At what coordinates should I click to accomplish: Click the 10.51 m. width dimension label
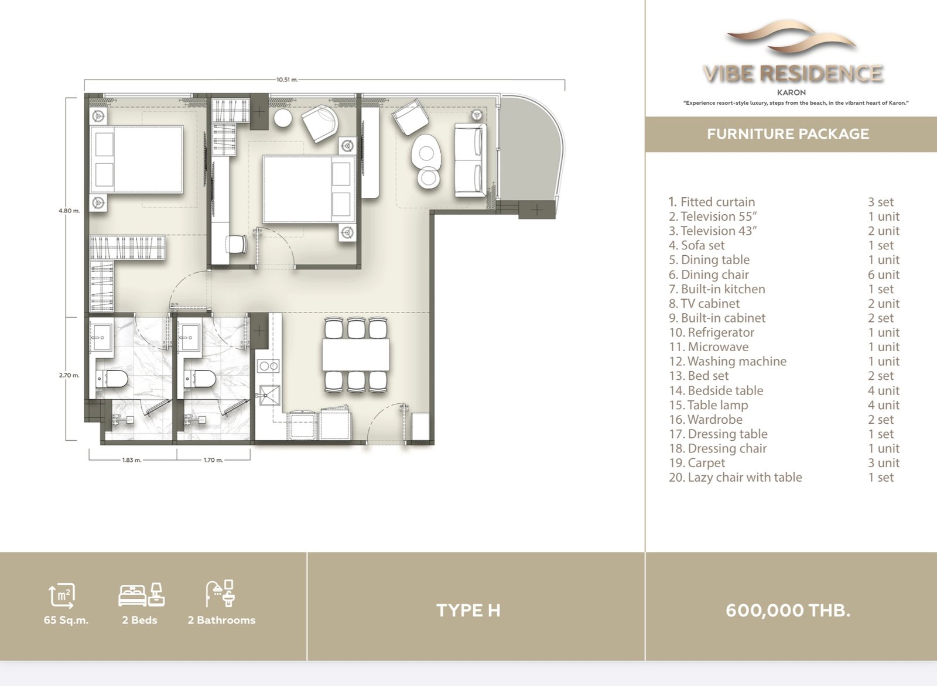pyautogui.click(x=287, y=80)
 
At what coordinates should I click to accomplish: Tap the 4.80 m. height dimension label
pyautogui.click(x=69, y=211)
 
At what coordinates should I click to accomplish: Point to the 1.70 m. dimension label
pyautogui.click(x=213, y=460)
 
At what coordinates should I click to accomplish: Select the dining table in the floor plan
pyautogui.click(x=355, y=355)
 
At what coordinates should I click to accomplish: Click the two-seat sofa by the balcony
pyautogui.click(x=471, y=160)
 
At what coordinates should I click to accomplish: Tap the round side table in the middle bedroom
pyautogui.click(x=283, y=118)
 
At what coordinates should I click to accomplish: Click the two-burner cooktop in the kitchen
pyautogui.click(x=269, y=366)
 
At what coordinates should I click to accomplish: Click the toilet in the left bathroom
pyautogui.click(x=111, y=379)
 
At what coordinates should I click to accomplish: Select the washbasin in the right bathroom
pyautogui.click(x=191, y=337)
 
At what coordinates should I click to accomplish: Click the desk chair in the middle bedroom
pyautogui.click(x=237, y=243)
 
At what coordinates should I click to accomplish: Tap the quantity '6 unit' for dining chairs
pyautogui.click(x=884, y=275)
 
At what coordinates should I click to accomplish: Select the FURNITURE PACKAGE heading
pyautogui.click(x=788, y=134)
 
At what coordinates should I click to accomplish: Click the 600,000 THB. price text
pyautogui.click(x=788, y=610)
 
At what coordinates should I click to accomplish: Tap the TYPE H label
pyautogui.click(x=468, y=610)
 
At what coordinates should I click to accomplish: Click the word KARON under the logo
pyautogui.click(x=791, y=92)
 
